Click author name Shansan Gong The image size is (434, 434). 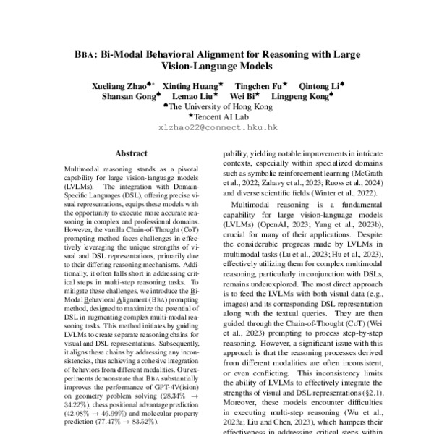click(130, 96)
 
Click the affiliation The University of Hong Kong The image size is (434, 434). click(221, 106)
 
